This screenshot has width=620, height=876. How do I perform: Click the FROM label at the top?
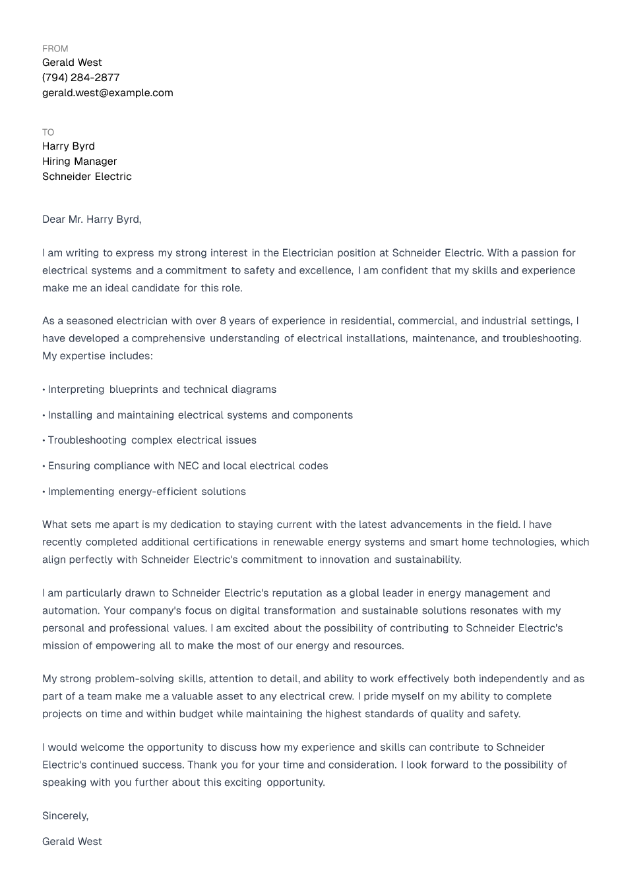click(55, 49)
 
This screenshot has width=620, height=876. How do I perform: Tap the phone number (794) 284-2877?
click(80, 78)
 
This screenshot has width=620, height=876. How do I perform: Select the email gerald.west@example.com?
click(108, 93)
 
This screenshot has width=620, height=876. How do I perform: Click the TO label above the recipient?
click(48, 132)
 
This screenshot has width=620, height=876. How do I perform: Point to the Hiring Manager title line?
click(79, 161)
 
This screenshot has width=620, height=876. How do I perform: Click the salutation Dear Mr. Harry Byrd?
click(92, 219)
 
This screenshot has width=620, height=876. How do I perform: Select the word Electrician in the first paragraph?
click(307, 253)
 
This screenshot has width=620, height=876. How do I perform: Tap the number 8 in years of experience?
click(223, 321)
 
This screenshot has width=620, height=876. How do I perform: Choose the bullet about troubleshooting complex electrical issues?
click(152, 440)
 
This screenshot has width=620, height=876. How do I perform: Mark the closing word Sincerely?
click(65, 816)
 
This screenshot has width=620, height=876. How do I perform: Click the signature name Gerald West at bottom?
click(72, 842)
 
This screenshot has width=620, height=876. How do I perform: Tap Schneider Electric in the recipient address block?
click(86, 177)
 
